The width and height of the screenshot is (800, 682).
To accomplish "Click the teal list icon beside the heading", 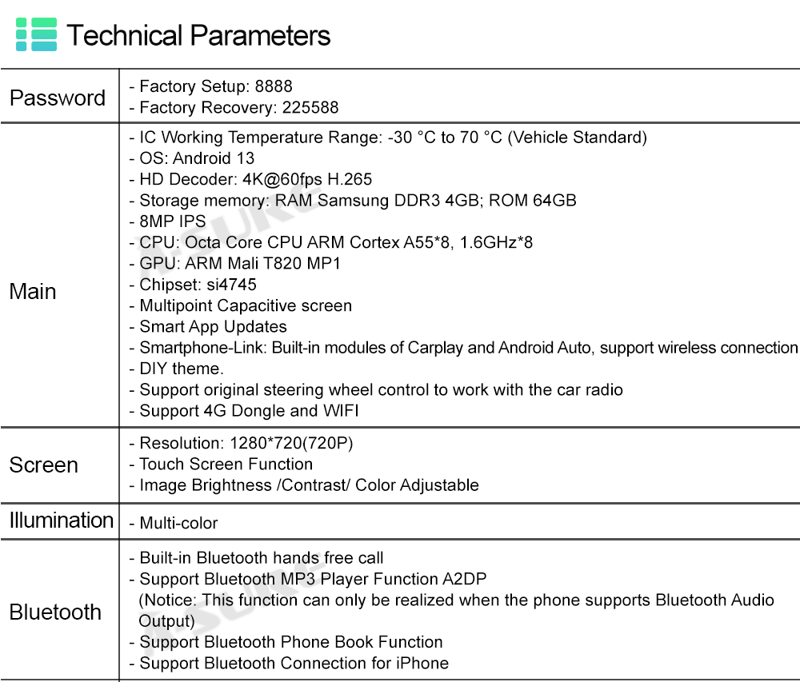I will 36,35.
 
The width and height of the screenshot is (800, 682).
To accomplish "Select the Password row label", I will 58,98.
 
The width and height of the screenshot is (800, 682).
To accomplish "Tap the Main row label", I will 33,291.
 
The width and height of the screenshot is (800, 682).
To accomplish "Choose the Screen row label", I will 43,465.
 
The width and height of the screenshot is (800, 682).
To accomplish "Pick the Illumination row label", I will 62,520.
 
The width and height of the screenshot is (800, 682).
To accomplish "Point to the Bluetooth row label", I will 55,612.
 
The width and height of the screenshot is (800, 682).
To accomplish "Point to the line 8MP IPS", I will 172,221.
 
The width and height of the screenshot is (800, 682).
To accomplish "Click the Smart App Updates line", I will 213,326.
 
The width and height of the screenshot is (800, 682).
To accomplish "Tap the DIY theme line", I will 182,369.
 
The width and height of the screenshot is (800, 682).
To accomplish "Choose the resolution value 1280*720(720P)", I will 291,443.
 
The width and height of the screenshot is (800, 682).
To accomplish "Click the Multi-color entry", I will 178,524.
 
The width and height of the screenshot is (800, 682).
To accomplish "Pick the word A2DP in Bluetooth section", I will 464,579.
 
